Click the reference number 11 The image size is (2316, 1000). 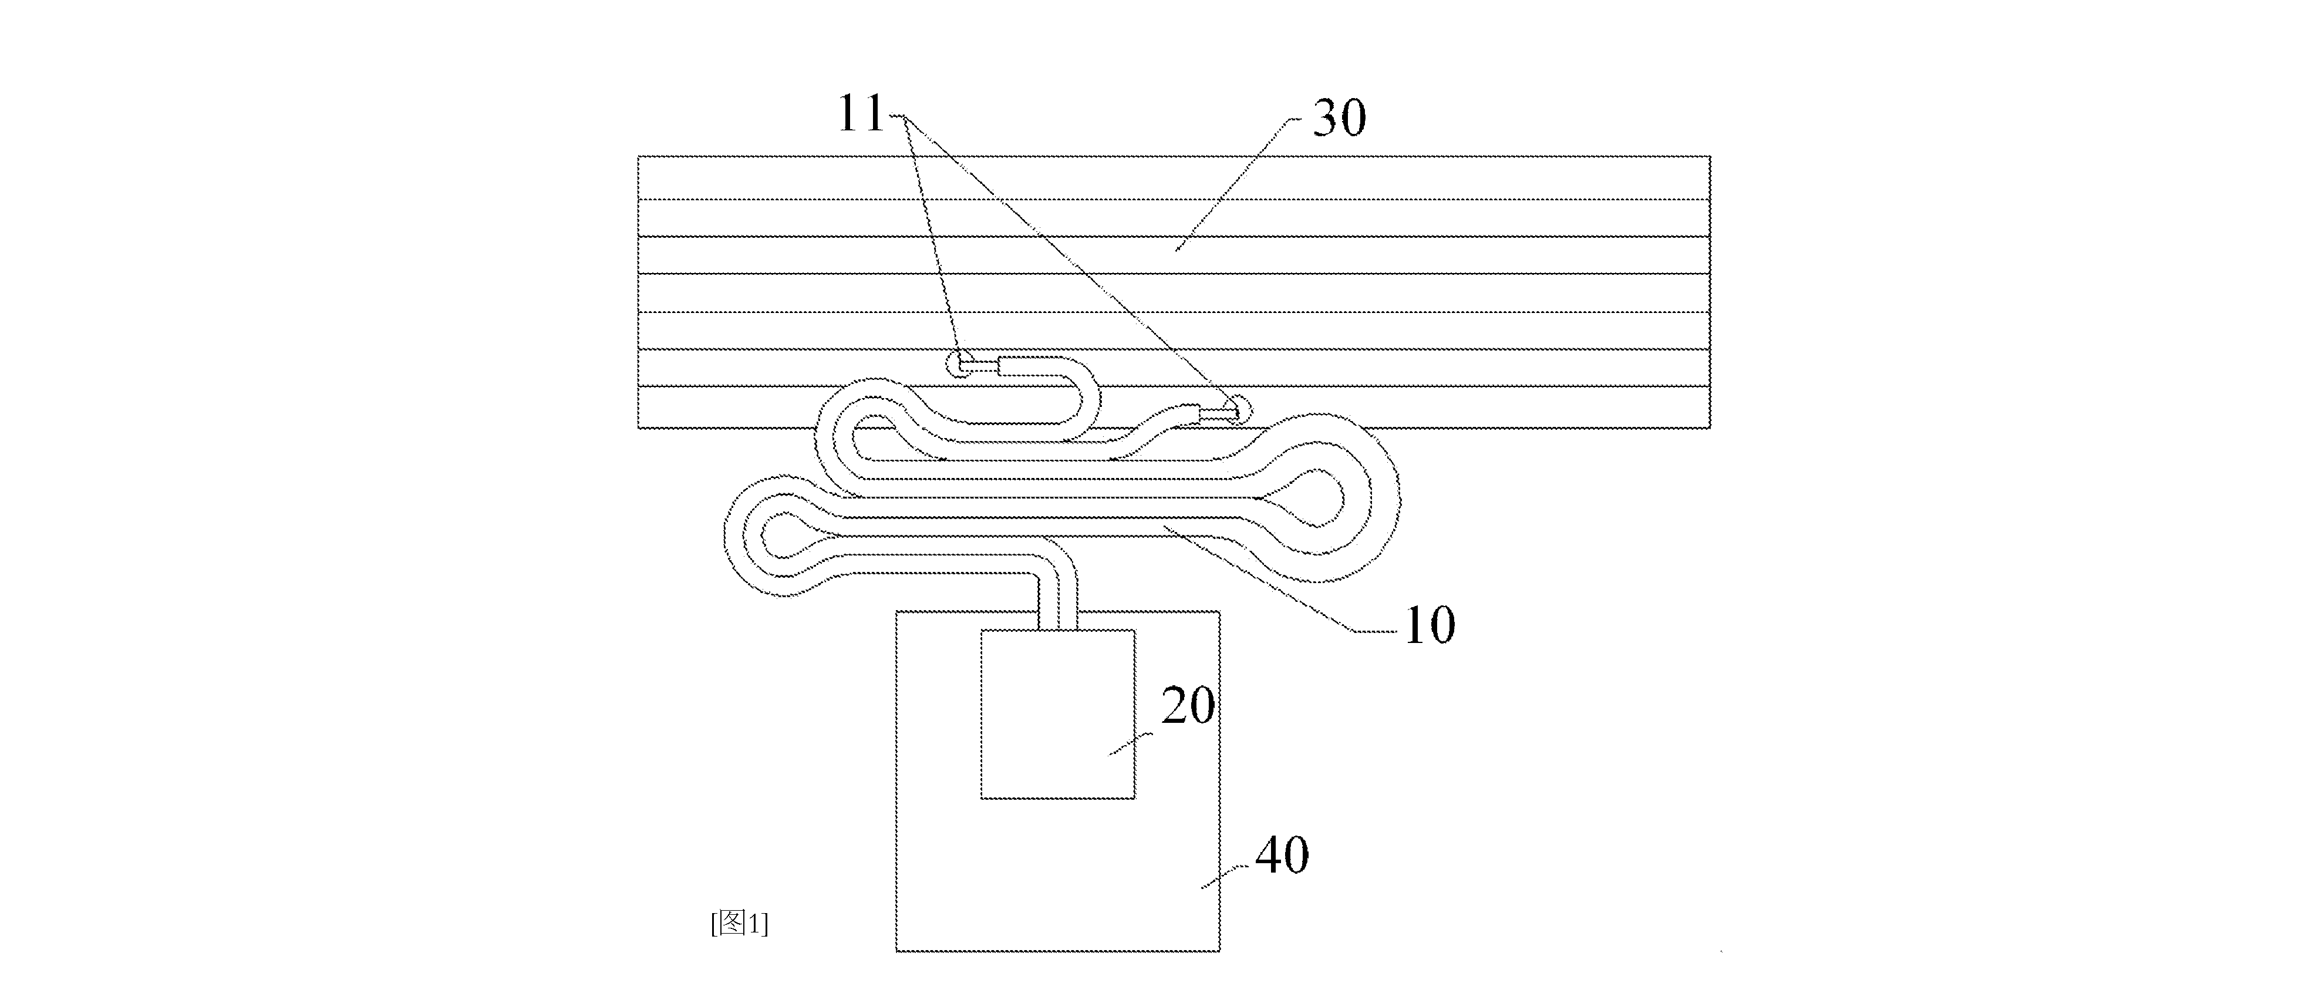point(861,114)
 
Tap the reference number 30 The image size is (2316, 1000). point(1340,118)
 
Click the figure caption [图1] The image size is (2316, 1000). point(739,924)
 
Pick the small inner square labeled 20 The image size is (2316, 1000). point(1057,714)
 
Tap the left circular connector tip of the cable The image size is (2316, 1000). point(959,364)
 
